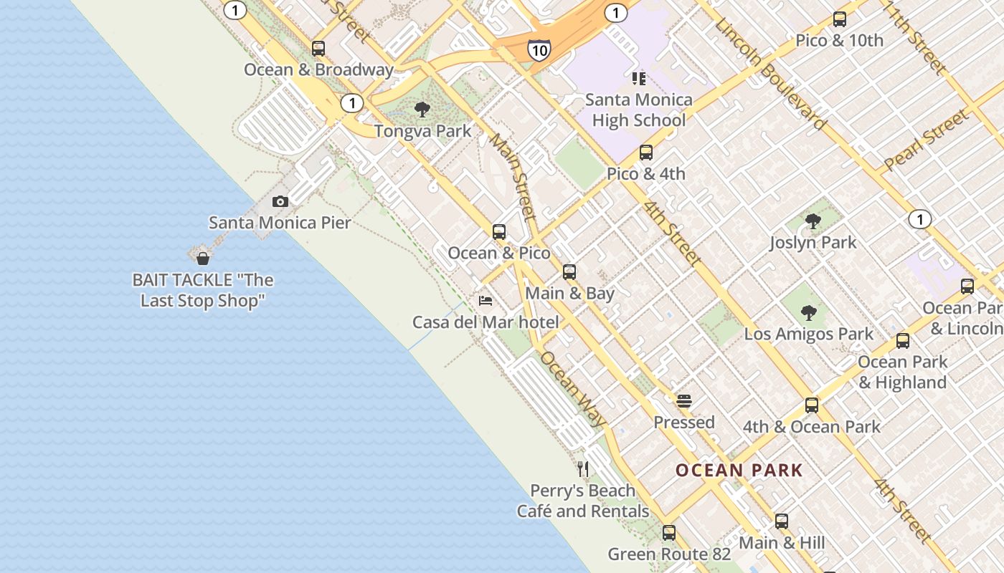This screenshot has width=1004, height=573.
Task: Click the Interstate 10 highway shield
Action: click(x=539, y=49)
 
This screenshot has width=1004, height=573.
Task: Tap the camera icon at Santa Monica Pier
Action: click(x=280, y=202)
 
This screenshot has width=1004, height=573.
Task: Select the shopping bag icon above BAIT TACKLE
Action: click(x=203, y=258)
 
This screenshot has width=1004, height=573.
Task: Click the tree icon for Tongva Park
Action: click(x=422, y=110)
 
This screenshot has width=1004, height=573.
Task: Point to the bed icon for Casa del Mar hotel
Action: click(x=486, y=301)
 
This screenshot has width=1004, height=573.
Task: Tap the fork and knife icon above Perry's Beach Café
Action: click(x=583, y=469)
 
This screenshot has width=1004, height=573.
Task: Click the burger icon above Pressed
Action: click(x=683, y=400)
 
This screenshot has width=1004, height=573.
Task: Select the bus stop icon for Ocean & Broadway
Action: click(x=318, y=49)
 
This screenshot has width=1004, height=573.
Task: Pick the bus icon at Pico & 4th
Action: click(x=646, y=153)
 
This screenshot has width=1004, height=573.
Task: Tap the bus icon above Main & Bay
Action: click(x=569, y=272)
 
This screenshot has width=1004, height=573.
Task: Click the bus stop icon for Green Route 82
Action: click(x=669, y=533)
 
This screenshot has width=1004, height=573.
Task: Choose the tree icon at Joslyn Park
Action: click(x=813, y=221)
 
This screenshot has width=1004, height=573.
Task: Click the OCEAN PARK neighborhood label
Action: click(x=739, y=471)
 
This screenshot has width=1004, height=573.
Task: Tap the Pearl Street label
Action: click(x=926, y=140)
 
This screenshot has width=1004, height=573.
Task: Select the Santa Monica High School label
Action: click(x=639, y=110)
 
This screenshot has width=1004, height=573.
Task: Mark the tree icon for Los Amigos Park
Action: click(x=809, y=313)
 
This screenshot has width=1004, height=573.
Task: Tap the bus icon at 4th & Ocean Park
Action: click(x=812, y=405)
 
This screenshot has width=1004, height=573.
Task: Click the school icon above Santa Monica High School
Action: click(x=639, y=78)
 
